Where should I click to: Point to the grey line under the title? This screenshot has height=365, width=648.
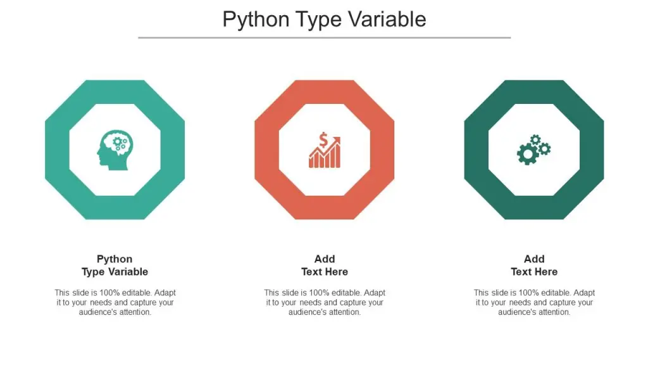(x=324, y=37)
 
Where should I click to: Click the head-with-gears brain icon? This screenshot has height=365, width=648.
(x=115, y=150)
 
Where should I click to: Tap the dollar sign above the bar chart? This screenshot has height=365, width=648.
(x=323, y=139)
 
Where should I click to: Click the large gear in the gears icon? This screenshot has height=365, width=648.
(x=526, y=154)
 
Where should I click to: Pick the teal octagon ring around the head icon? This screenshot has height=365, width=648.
(x=57, y=150)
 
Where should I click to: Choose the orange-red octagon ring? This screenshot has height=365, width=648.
(x=266, y=150)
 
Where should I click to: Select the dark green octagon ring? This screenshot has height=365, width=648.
(x=476, y=150)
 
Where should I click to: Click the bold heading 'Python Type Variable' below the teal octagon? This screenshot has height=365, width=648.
(x=115, y=266)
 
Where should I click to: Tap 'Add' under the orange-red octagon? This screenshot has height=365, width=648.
(x=325, y=259)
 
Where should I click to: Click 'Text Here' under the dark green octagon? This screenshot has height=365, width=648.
(x=534, y=272)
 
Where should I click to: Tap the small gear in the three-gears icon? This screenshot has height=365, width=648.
(x=535, y=139)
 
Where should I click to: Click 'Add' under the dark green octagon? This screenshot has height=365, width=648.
(x=534, y=259)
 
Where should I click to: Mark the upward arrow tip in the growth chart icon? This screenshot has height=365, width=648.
(x=339, y=139)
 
